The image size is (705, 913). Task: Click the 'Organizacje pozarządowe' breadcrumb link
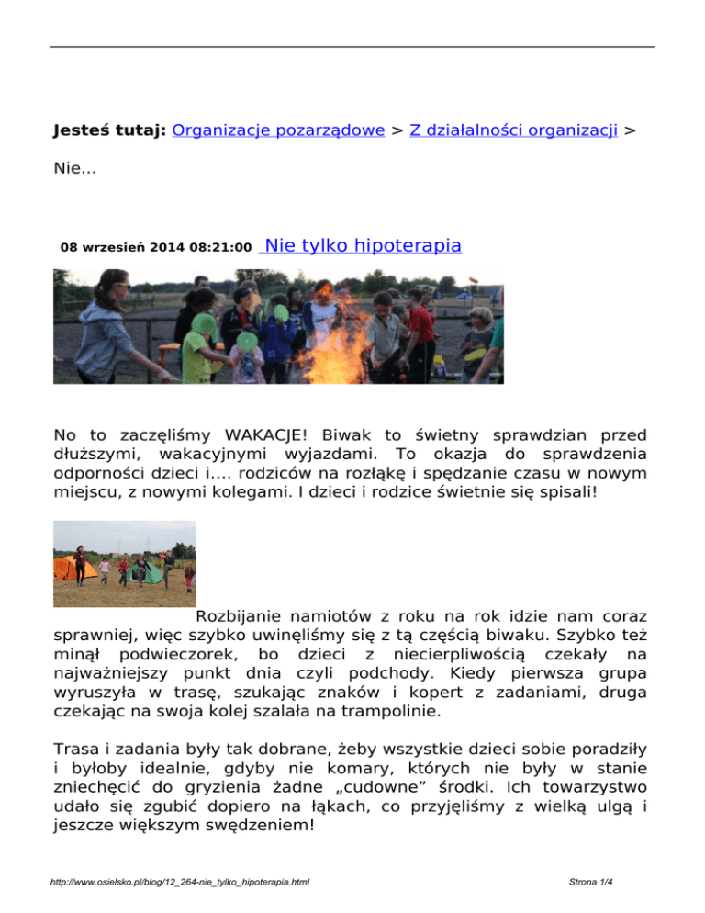277,131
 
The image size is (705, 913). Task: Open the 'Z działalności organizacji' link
512,131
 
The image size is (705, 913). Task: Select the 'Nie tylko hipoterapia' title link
362,245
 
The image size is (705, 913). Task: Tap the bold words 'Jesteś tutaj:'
109,131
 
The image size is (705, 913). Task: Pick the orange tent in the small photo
73,567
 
